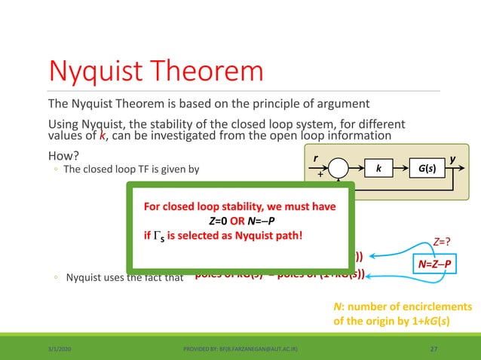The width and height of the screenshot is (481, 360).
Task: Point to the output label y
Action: pos(452,160)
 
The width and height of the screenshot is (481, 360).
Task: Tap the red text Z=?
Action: pos(443,243)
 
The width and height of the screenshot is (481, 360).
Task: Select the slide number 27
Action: pos(434,349)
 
